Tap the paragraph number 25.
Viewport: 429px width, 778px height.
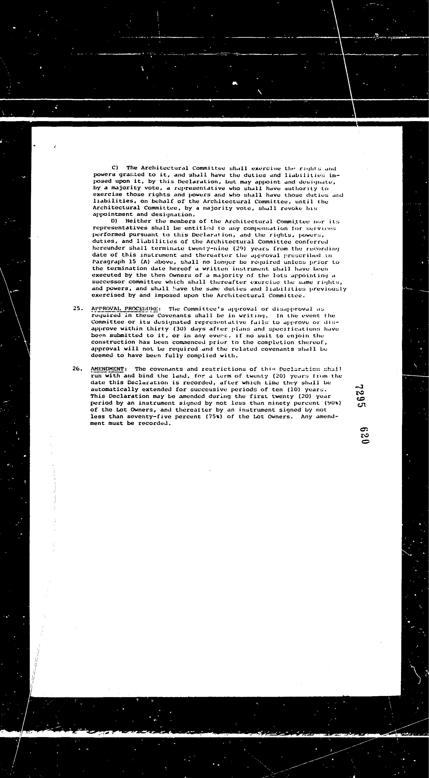(x=78, y=308)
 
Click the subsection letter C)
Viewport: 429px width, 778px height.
(x=115, y=168)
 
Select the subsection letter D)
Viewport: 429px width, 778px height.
(x=114, y=221)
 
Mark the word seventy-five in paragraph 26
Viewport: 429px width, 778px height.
(x=145, y=416)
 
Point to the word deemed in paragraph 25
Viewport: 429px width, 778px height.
(x=102, y=355)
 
